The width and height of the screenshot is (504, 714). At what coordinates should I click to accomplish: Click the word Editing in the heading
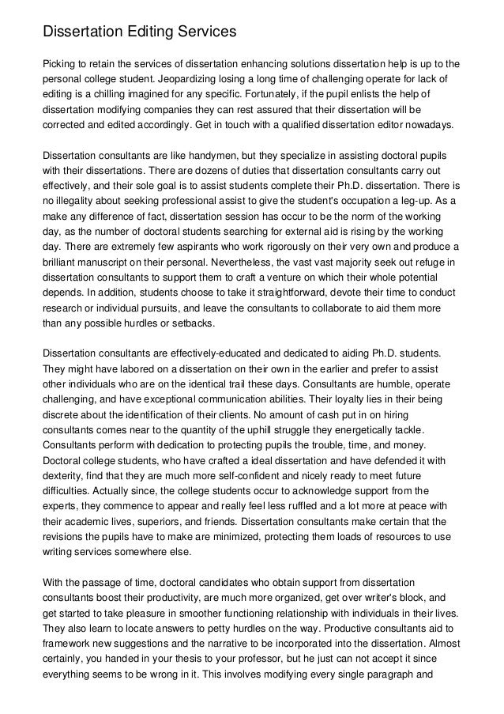[x=145, y=32]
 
